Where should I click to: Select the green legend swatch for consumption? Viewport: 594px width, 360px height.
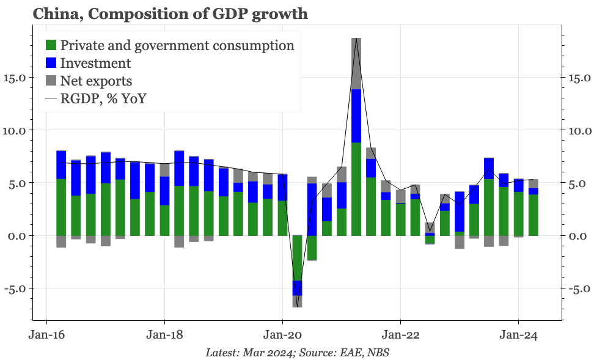(51, 45)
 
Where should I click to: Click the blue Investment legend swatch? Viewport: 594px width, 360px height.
(51, 63)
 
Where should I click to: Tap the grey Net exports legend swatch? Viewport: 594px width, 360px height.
(51, 81)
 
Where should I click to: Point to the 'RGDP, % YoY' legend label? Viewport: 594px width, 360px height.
(103, 98)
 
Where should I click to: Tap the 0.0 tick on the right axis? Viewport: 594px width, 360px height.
(577, 236)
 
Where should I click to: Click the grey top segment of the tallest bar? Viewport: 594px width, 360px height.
(356, 64)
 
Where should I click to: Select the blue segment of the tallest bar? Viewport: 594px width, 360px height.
(356, 116)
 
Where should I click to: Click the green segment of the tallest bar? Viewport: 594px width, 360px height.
(356, 189)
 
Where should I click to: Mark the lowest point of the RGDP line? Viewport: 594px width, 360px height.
(298, 307)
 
